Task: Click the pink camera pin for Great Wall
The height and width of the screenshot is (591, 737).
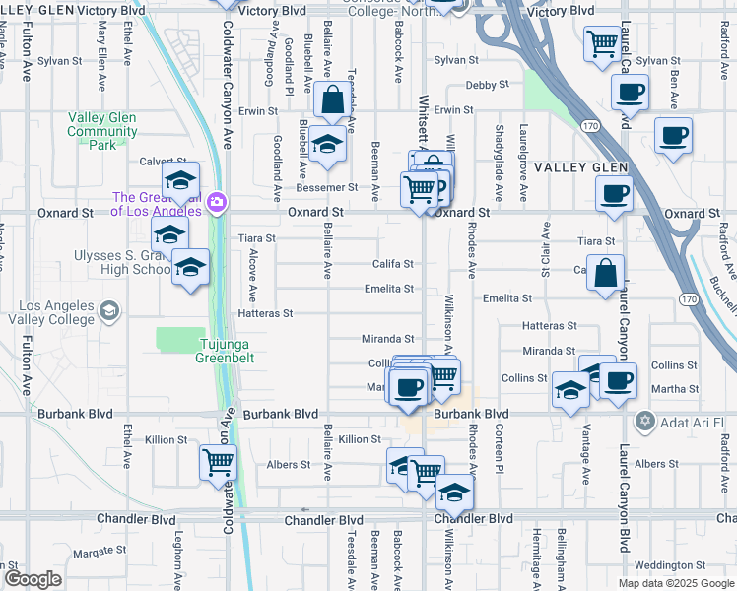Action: click(217, 204)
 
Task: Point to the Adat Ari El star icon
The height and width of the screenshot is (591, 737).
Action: click(645, 422)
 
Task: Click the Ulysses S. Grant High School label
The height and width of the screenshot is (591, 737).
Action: click(123, 262)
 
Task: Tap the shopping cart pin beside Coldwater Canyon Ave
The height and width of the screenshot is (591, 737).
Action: click(217, 461)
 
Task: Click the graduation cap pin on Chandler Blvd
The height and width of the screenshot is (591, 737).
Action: click(453, 492)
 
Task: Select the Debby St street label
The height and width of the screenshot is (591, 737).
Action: click(487, 87)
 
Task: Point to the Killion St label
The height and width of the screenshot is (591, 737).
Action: click(359, 439)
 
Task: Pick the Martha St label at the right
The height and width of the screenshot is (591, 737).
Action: click(674, 390)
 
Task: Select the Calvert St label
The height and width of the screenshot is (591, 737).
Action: click(163, 162)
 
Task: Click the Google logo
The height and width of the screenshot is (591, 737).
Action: click(33, 579)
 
